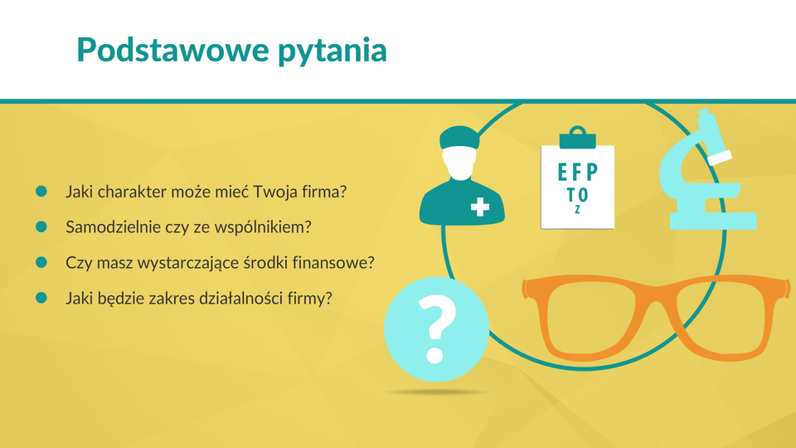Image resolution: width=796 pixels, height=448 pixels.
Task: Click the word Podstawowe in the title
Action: (x=172, y=50)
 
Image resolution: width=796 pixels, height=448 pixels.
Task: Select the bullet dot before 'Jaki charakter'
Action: (x=41, y=191)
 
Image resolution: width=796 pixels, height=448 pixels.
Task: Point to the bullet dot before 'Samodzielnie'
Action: (x=41, y=226)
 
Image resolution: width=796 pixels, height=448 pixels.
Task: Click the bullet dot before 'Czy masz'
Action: (x=41, y=262)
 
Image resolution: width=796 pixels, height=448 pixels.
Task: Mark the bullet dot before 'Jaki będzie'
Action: (x=41, y=298)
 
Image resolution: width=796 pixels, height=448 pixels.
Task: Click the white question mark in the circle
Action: (x=437, y=329)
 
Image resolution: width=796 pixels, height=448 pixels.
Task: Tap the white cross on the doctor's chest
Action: (x=480, y=207)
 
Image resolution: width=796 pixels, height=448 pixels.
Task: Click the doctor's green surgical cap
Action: (x=459, y=137)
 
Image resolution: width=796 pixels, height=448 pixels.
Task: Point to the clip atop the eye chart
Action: (x=578, y=138)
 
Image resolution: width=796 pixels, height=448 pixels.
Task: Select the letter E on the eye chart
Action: (x=562, y=173)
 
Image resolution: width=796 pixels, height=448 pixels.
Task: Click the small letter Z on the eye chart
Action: (x=577, y=209)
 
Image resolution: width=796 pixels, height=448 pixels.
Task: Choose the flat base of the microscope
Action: (x=713, y=221)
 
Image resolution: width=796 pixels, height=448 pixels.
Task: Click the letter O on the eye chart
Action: (x=583, y=194)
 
